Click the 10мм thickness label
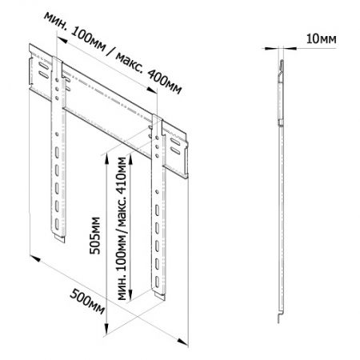pyautogui.click(x=321, y=39)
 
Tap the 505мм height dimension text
pyautogui.click(x=95, y=236)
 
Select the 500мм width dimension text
pyautogui.click(x=87, y=302)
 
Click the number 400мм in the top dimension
pyautogui.click(x=165, y=82)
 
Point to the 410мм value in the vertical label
pyautogui.click(x=122, y=175)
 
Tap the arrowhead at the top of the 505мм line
pyautogui.click(x=106, y=158)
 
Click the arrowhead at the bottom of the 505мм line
pyautogui.click(x=106, y=329)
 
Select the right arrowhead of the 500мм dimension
pyautogui.click(x=182, y=342)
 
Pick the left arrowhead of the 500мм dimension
pyautogui.click(x=35, y=258)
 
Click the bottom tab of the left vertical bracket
pyautogui.click(x=59, y=238)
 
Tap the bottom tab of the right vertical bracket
pyautogui.click(x=159, y=296)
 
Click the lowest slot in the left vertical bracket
pyautogui.click(x=57, y=224)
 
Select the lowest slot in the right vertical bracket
pyautogui.click(x=157, y=282)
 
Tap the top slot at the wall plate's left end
pyautogui.click(x=43, y=66)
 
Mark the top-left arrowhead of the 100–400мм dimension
pyautogui.click(x=62, y=40)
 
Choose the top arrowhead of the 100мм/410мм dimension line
pyautogui.click(x=130, y=159)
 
